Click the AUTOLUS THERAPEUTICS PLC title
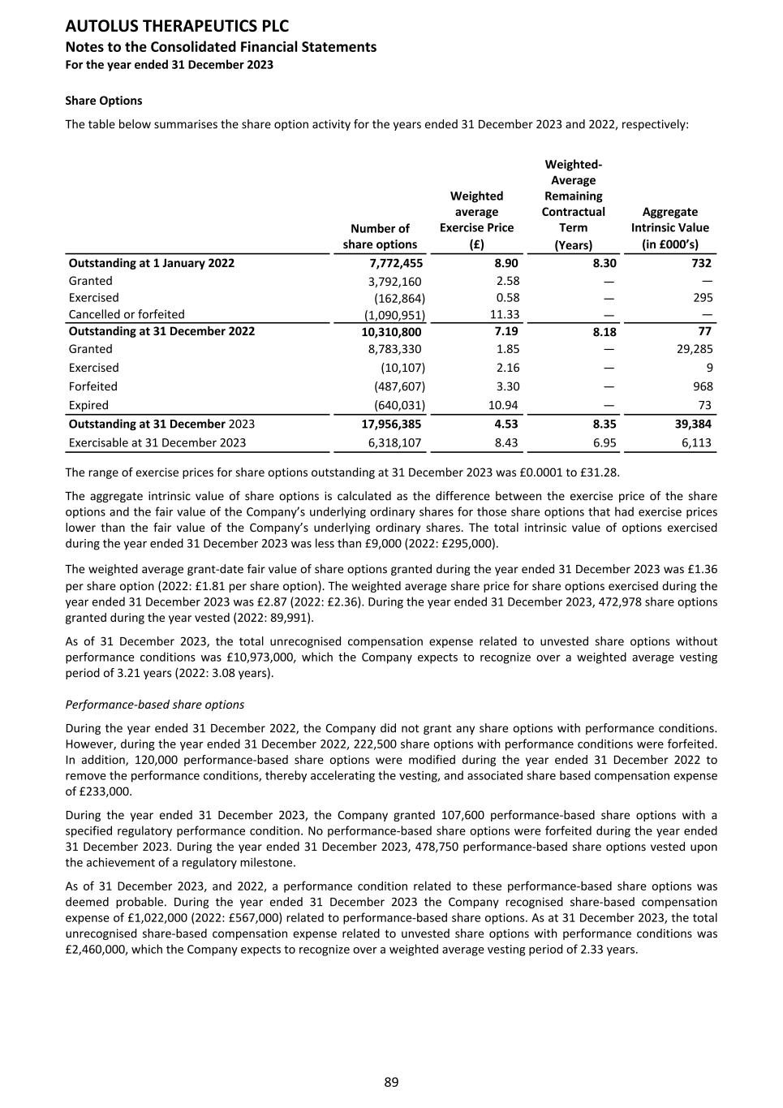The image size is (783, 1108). pos(177,27)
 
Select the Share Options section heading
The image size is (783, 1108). pos(103,101)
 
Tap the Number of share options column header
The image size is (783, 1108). pos(380,236)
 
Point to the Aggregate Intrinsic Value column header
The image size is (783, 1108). pos(669,228)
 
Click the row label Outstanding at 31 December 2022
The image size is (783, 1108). pos(161,331)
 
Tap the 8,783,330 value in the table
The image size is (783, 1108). pos(394,349)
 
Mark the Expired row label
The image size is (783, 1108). pos(88,405)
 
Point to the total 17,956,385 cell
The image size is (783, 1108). pos(391,424)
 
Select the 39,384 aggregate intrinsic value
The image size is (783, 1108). pos(693,424)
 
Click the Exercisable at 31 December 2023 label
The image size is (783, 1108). pos(157,443)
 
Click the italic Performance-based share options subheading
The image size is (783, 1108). pos(154,705)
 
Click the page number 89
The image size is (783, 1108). pos(391,1082)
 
